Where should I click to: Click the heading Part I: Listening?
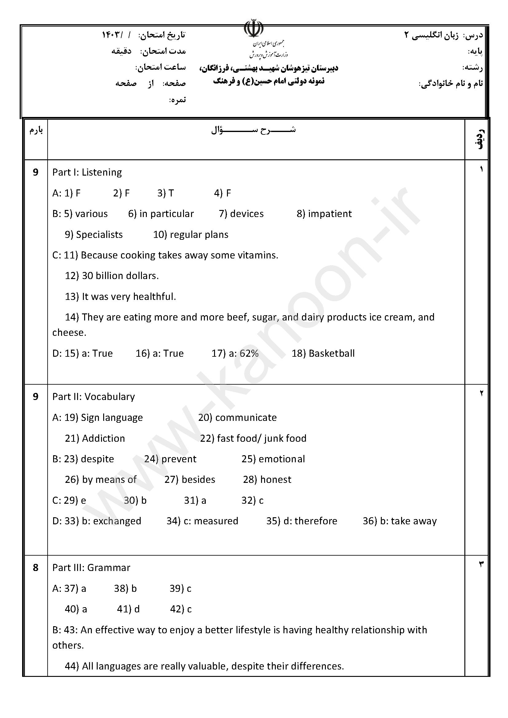tap(87, 172)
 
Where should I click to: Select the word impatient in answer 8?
tap(330, 214)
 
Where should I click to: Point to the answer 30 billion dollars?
tap(120, 276)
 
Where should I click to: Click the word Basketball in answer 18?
tap(332, 353)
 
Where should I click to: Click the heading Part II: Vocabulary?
tap(94, 397)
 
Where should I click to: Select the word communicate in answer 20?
tap(246, 417)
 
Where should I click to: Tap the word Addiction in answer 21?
tap(103, 438)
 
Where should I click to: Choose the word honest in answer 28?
tap(275, 480)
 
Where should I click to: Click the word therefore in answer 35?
tap(316, 521)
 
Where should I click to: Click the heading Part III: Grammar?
tap(91, 568)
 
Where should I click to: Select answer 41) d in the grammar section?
tap(128, 609)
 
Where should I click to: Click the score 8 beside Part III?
tap(36, 568)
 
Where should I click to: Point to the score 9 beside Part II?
tap(36, 397)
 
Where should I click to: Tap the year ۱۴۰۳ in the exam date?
tap(111, 35)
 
